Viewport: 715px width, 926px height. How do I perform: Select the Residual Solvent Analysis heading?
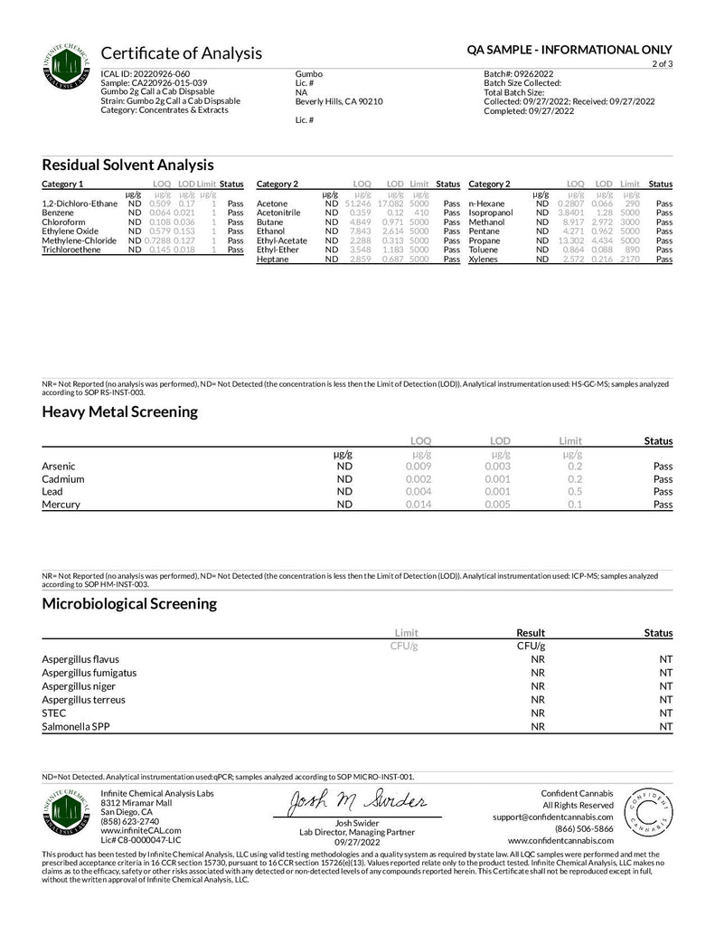click(x=127, y=165)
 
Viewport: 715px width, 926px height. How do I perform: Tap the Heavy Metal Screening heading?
click(x=119, y=411)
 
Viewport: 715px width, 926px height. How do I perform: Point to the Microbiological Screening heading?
click(x=128, y=602)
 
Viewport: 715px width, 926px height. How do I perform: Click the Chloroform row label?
click(x=63, y=222)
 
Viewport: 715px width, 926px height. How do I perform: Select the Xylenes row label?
click(x=484, y=260)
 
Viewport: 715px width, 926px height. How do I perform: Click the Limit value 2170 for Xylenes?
click(x=630, y=260)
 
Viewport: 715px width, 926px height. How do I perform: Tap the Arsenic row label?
click(x=58, y=467)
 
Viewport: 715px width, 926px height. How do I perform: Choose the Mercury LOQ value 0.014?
click(x=418, y=505)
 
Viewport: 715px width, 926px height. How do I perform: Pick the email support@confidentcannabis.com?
click(x=554, y=817)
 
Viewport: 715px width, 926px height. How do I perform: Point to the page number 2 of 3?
click(x=660, y=64)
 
